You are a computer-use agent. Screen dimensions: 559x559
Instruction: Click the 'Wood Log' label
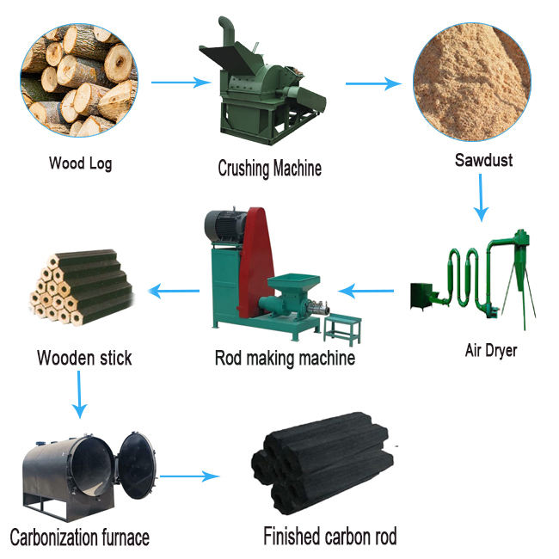click(80, 163)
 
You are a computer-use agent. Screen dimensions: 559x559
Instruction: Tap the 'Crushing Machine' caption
click(269, 168)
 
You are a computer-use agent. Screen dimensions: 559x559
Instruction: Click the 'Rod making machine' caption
click(284, 358)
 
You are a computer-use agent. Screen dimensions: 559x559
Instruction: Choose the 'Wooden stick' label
click(84, 358)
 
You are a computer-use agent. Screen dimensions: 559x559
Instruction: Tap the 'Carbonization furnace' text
click(79, 538)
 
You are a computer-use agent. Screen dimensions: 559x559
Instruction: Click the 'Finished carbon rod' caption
click(330, 537)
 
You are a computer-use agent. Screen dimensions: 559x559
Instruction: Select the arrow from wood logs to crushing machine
click(181, 83)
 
